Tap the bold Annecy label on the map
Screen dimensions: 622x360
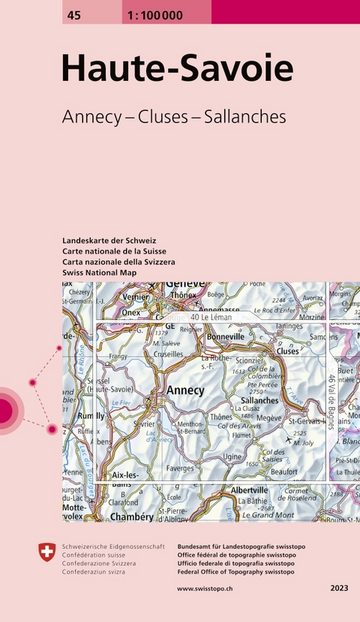(184, 390)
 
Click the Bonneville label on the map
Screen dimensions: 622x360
(225, 337)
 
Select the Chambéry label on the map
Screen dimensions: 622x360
(132, 517)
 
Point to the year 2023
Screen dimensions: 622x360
(338, 588)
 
